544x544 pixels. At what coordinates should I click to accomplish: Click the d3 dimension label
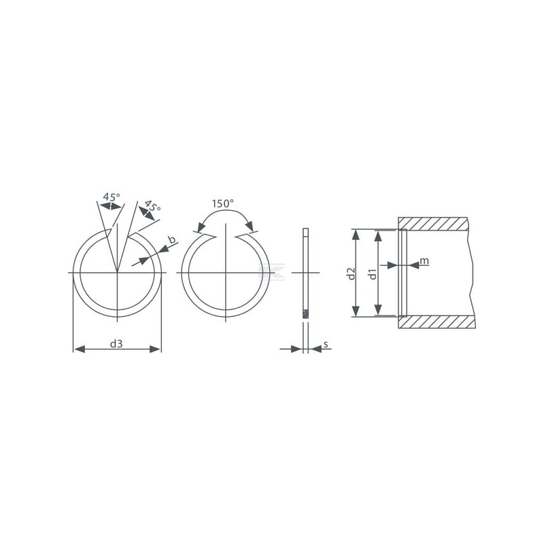point(116,344)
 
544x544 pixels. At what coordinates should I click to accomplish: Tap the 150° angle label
point(223,203)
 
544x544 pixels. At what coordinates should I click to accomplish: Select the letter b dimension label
point(172,239)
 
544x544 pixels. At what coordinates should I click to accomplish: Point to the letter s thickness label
point(326,345)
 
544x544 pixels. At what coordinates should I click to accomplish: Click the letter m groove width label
point(424,260)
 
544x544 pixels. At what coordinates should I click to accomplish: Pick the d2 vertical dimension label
point(352,273)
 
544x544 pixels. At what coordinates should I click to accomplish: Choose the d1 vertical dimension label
point(373,274)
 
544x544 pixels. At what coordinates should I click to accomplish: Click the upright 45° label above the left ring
point(112,197)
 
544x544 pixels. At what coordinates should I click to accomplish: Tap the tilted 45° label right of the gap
point(152,206)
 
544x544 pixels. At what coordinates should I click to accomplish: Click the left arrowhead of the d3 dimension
point(80,349)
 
